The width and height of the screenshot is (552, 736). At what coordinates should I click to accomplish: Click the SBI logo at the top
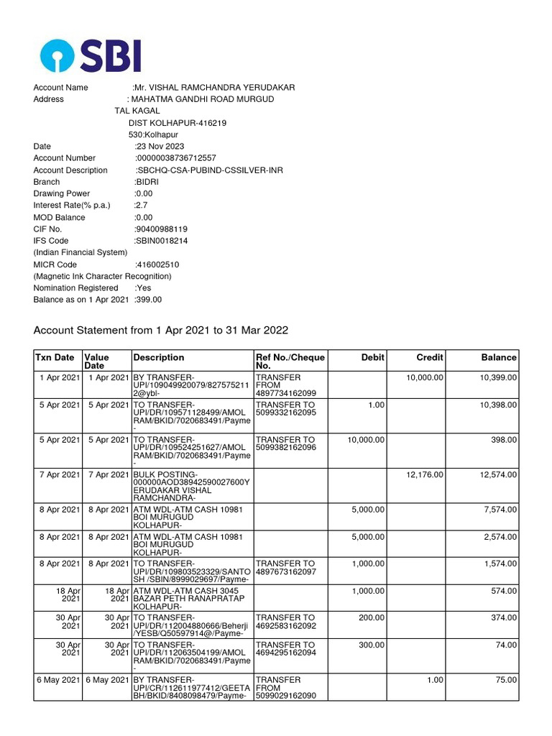pyautogui.click(x=91, y=55)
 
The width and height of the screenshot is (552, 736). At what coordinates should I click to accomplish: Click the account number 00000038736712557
pyautogui.click(x=176, y=158)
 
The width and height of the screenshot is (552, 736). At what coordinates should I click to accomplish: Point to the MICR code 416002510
pyautogui.click(x=157, y=264)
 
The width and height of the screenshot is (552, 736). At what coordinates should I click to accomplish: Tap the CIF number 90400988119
pyautogui.click(x=161, y=229)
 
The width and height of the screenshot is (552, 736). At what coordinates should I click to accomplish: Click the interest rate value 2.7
pyautogui.click(x=140, y=206)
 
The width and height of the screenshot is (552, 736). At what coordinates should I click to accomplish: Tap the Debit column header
pyautogui.click(x=373, y=357)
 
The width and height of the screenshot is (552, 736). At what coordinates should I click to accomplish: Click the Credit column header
pyautogui.click(x=430, y=357)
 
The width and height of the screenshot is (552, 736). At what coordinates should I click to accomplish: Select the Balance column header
pyautogui.click(x=498, y=357)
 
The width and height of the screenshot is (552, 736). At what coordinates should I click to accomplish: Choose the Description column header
pyautogui.click(x=159, y=357)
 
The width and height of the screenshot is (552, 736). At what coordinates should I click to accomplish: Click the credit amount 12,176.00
pyautogui.click(x=424, y=474)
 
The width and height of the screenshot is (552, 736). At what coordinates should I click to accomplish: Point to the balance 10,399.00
pyautogui.click(x=498, y=377)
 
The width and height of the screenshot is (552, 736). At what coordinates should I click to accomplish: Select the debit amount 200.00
pyautogui.click(x=372, y=617)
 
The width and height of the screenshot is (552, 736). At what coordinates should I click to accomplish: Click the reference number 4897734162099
pyautogui.click(x=285, y=393)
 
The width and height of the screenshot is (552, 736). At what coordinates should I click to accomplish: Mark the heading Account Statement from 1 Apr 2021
pyautogui.click(x=161, y=330)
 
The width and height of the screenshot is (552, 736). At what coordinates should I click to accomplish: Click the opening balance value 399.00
pyautogui.click(x=149, y=300)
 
